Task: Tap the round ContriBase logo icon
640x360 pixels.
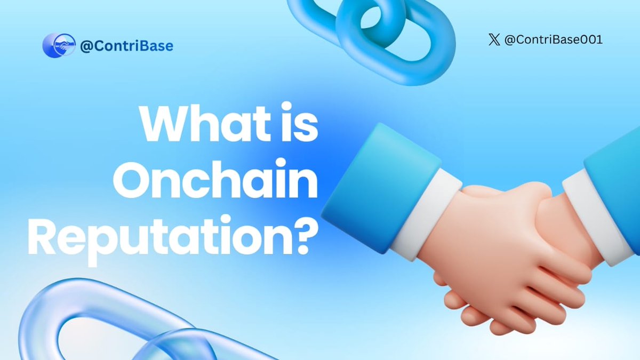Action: [x=59, y=46]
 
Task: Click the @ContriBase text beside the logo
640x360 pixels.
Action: [x=126, y=46]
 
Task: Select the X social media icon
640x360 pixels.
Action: [x=494, y=40]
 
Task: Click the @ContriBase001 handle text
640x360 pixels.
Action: [x=553, y=40]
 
